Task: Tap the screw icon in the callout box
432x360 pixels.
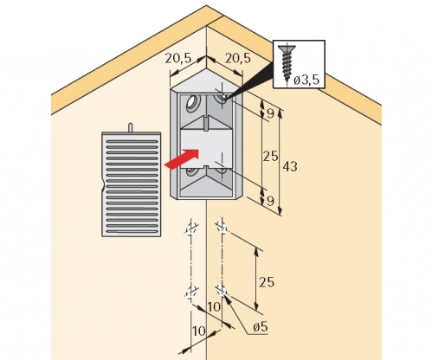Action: pyautogui.click(x=287, y=63)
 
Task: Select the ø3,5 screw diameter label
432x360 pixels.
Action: pyautogui.click(x=306, y=80)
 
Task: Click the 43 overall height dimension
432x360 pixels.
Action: pyautogui.click(x=290, y=166)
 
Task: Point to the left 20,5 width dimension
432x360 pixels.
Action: pyautogui.click(x=178, y=58)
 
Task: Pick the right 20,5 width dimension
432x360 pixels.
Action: pyautogui.click(x=238, y=58)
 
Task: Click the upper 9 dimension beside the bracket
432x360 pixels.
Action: pyautogui.click(x=270, y=113)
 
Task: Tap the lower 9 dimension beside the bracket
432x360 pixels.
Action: pyautogui.click(x=270, y=201)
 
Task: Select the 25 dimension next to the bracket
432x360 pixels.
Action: pyautogui.click(x=270, y=157)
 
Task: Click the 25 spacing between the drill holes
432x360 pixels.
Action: pyautogui.click(x=267, y=282)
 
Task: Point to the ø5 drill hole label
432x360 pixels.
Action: pyautogui.click(x=260, y=327)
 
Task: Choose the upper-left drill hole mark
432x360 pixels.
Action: pyautogui.click(x=190, y=229)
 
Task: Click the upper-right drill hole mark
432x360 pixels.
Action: pyautogui.click(x=222, y=227)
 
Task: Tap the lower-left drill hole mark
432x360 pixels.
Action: pyautogui.click(x=190, y=292)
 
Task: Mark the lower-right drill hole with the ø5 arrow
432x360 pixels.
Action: pyautogui.click(x=222, y=290)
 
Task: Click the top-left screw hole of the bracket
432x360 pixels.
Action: pyautogui.click(x=191, y=103)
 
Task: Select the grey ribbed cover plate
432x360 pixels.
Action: pyautogui.click(x=132, y=184)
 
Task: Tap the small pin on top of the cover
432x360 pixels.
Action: pyautogui.click(x=131, y=128)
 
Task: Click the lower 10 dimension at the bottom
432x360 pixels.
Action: pyautogui.click(x=198, y=331)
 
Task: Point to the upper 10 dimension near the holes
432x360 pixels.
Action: pyautogui.click(x=214, y=307)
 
